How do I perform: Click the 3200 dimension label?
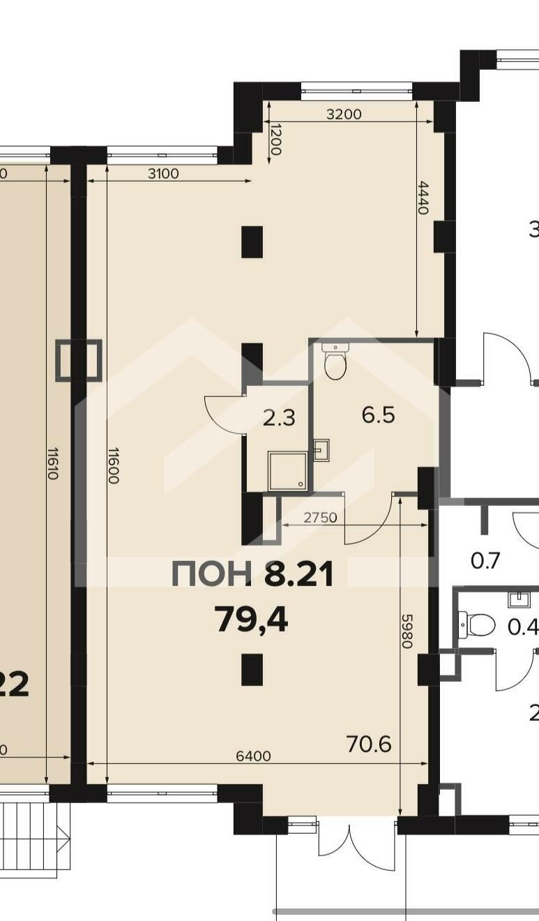[344, 114]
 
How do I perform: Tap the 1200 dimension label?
[275, 140]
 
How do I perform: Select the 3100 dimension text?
[163, 174]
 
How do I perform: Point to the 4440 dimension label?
[423, 199]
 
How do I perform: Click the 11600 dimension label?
[113, 465]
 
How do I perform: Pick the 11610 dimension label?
[53, 463]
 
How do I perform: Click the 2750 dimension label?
[321, 517]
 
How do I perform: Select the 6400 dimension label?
[254, 744]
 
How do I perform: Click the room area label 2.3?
[279, 419]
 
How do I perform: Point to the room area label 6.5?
[378, 415]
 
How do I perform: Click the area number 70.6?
[369, 733]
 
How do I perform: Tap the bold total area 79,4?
[252, 620]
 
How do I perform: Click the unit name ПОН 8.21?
[252, 574]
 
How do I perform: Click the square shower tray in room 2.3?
[287, 471]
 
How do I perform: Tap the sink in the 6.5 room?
[321, 450]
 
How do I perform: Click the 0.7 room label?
[485, 561]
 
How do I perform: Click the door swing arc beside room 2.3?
[225, 413]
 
